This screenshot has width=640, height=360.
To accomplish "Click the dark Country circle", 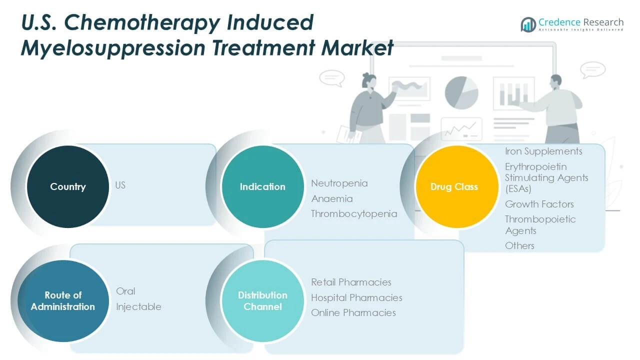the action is point(68,187).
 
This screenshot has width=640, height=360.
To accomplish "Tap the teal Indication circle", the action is point(262,187).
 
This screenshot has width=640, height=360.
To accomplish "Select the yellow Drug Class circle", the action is point(457,187).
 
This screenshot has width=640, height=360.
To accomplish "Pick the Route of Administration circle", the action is point(63,301).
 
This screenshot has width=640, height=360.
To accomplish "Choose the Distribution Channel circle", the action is point(262,301).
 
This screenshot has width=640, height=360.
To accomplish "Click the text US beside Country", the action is point(120,185).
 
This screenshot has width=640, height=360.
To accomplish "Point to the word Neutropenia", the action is point(339,183).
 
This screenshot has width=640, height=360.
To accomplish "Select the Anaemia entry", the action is point(332,198).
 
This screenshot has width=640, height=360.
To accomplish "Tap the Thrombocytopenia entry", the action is point(354,214).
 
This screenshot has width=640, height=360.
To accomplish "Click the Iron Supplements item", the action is point(543,151).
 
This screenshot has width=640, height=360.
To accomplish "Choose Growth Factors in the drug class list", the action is point(539,204).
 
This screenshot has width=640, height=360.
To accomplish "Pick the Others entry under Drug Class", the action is point(519,245).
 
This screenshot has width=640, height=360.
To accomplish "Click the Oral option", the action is point(125,291).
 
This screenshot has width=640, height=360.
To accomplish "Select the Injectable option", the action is point(138,307).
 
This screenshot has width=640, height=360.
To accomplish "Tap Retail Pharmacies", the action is point(351,282).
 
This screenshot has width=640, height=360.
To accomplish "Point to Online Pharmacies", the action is point(353,313).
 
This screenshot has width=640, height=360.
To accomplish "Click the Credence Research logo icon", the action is point(528,24).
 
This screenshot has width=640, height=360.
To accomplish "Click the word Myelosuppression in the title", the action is point(113,48).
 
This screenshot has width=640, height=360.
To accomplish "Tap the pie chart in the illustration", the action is point(461,93).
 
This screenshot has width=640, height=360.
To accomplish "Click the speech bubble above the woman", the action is point(332,78).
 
